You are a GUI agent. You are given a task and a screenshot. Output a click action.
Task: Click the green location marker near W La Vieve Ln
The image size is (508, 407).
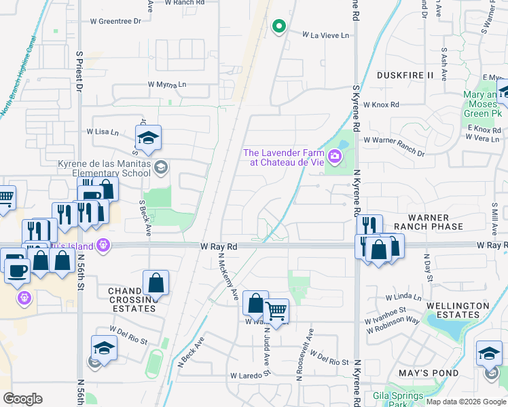(x=278, y=26)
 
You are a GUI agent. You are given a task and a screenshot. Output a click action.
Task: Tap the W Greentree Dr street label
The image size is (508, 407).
(x=115, y=21)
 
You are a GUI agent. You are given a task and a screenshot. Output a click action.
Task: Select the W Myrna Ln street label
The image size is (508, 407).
(x=167, y=85)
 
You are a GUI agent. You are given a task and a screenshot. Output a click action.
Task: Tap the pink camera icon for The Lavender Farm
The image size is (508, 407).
(x=334, y=158)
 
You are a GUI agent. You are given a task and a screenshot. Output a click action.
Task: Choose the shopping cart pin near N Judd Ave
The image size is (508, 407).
(x=276, y=311)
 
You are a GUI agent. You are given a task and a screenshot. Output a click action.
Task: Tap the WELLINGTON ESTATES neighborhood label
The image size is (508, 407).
(x=457, y=310)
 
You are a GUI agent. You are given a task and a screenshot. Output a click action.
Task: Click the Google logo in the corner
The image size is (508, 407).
(x=22, y=399)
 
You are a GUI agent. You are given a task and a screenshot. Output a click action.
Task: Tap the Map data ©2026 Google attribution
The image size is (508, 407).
(x=466, y=402)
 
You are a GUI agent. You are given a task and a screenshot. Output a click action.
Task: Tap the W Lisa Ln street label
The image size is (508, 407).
(x=103, y=132)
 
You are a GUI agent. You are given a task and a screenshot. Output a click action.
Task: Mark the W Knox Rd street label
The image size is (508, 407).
(x=381, y=105)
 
